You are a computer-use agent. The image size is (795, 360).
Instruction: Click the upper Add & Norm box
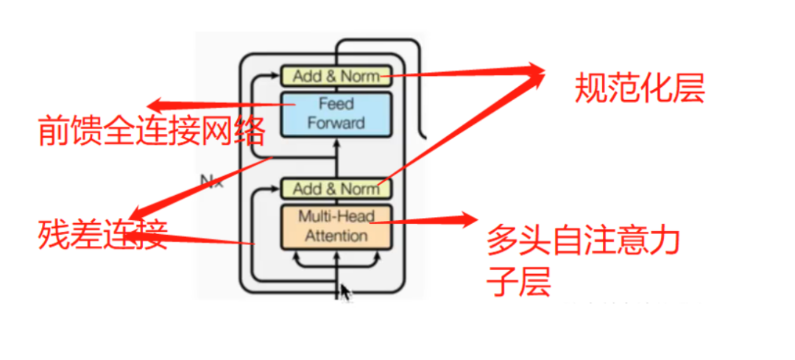(335, 75)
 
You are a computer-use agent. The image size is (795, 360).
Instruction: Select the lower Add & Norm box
(335, 188)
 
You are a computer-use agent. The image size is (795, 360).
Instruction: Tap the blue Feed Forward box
(335, 113)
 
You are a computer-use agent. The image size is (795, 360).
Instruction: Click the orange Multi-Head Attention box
(335, 226)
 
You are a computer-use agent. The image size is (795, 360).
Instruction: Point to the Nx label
(212, 179)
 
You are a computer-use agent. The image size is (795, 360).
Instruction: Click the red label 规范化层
(639, 90)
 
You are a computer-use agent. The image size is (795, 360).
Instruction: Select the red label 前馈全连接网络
(151, 132)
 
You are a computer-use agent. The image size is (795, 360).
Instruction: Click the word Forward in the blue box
(336, 123)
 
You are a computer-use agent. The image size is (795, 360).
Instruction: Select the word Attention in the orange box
(336, 236)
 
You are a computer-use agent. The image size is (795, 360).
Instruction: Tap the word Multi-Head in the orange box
(336, 216)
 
